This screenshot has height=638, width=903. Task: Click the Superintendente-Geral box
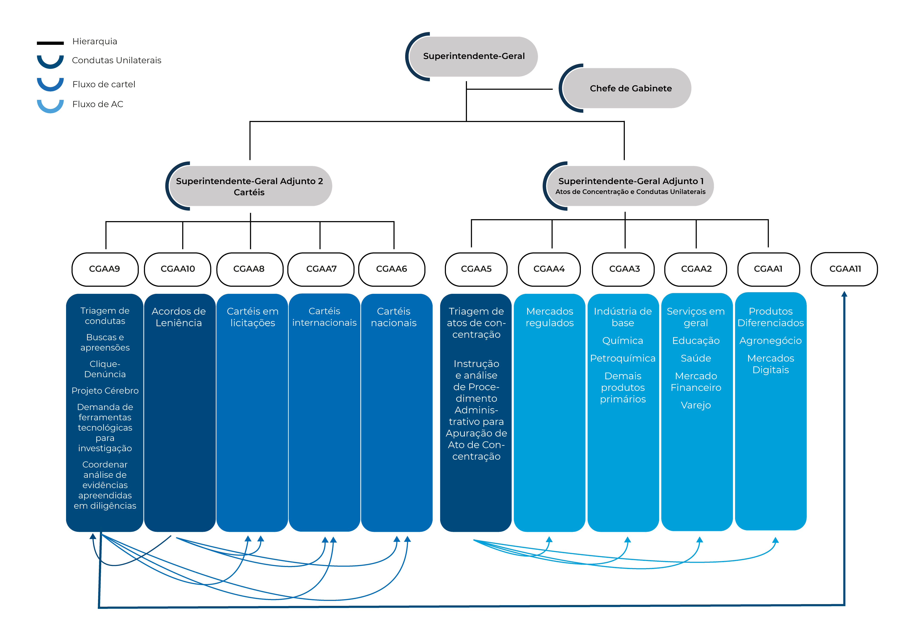[474, 56]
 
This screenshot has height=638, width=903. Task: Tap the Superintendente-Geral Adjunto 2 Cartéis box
[249, 186]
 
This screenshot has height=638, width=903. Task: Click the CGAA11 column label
[845, 269]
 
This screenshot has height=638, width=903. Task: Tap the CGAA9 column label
[104, 269]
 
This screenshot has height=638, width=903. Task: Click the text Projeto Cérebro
[105, 391]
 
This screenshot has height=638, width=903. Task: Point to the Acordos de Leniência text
[178, 317]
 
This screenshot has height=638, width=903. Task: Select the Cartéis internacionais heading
[325, 317]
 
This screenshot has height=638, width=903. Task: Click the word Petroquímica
[623, 358]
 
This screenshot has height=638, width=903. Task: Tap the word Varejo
[696, 405]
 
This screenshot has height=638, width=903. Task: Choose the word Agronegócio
[770, 341]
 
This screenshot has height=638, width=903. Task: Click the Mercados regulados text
[550, 317]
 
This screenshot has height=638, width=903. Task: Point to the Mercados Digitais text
[770, 364]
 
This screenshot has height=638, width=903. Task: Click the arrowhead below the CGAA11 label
[844, 294]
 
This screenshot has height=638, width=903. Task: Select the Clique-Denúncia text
[105, 369]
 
